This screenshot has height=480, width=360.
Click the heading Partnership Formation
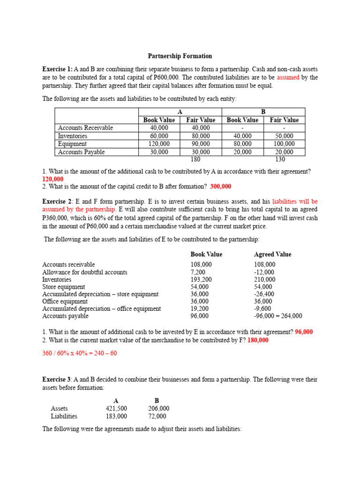coord(180,56)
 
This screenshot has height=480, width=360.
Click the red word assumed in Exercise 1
coord(288,77)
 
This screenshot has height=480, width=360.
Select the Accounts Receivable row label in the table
coord(85,127)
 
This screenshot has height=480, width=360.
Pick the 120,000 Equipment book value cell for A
coord(159,144)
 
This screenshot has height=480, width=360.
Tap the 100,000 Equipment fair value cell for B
coord(284,144)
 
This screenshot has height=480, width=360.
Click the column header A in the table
coord(180,112)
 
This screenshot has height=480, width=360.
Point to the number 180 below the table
coord(201,159)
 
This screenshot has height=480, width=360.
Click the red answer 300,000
coord(220,186)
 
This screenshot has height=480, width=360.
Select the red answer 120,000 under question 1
coord(53,179)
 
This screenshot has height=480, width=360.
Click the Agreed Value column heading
coord(272,254)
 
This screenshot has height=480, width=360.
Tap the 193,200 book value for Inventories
coord(201,279)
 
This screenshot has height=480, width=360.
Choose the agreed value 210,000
coord(264,279)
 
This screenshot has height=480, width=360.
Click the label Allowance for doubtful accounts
coord(85,272)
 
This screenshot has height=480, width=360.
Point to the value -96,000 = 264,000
coord(278,316)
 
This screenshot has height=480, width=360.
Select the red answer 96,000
coord(304,332)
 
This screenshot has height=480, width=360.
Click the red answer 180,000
coord(258,340)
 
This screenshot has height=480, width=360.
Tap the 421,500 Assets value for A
coord(116,408)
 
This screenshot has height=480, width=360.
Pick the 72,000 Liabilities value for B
coord(157,416)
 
